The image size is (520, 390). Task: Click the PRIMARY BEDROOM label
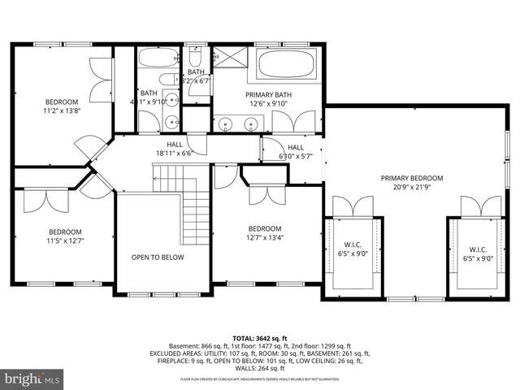click(x=412, y=178)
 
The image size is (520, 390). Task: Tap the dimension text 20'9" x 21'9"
click(x=412, y=188)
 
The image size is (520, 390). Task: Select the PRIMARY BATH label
click(x=269, y=94)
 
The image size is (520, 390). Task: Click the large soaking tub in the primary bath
click(x=288, y=64)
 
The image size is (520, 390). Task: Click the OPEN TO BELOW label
click(x=158, y=258)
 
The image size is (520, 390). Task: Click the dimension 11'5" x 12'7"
click(x=64, y=241)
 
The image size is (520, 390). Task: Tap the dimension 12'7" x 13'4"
click(x=265, y=238)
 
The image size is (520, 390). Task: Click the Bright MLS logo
click(x=32, y=379)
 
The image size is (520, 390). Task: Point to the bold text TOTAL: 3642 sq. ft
click(x=259, y=337)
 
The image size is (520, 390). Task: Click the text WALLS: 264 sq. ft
click(x=260, y=368)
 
